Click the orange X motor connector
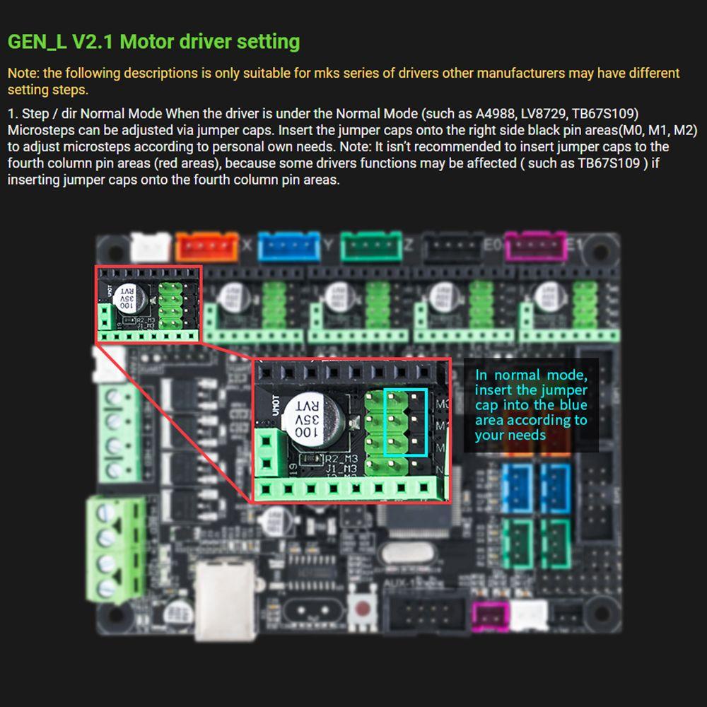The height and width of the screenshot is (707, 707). [x=207, y=247]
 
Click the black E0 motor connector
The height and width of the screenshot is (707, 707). [x=453, y=247]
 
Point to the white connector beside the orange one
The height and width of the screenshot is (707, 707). [x=151, y=247]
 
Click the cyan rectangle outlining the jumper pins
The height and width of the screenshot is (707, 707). [x=406, y=422]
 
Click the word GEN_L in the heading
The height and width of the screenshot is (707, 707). [x=37, y=42]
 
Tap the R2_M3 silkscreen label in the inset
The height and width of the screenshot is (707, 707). [x=343, y=459]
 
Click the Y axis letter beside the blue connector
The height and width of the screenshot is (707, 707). [x=327, y=245]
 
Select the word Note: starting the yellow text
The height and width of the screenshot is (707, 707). [x=23, y=74]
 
